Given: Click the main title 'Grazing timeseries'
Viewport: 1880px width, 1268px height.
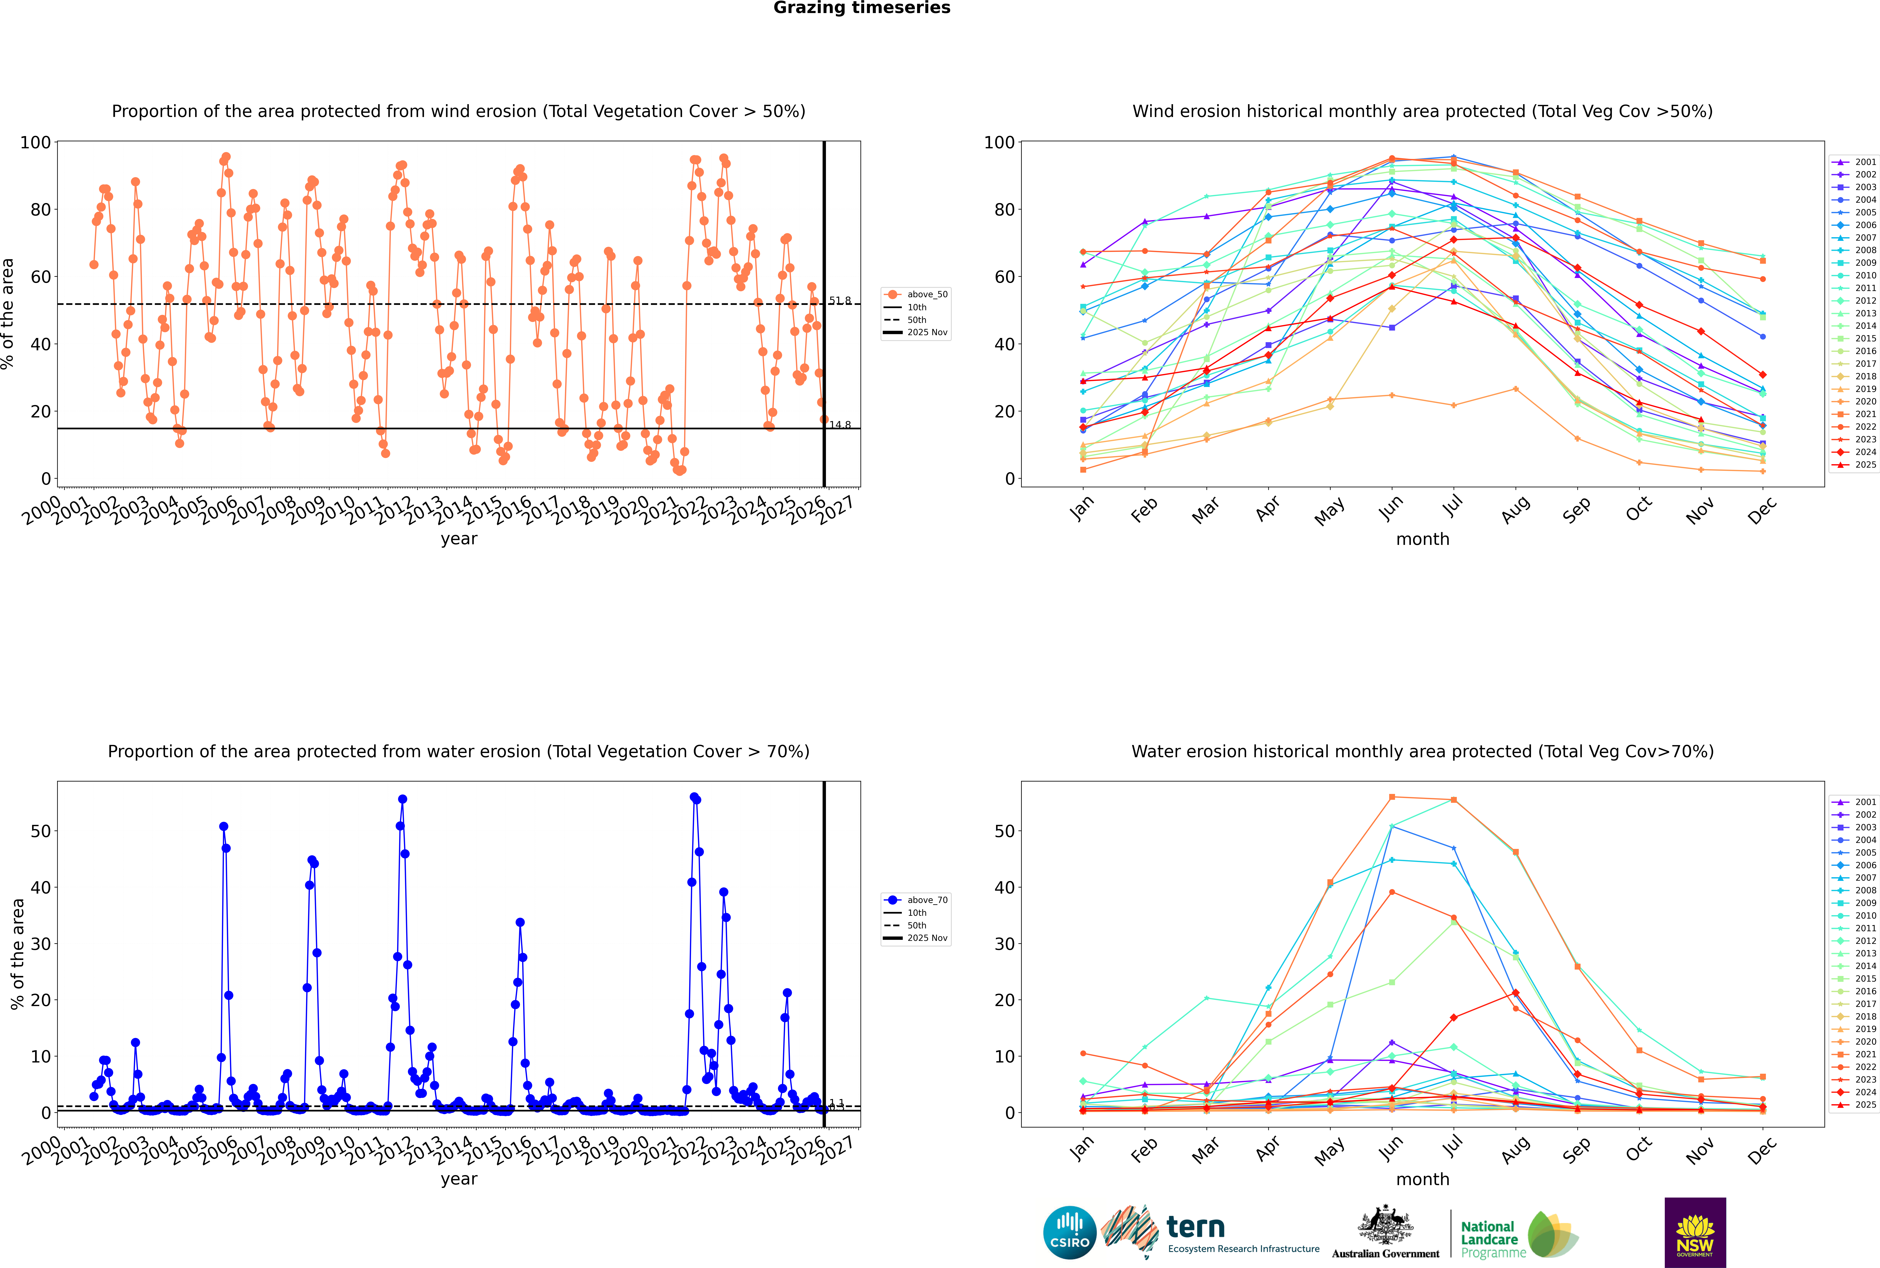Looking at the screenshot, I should pos(862,8).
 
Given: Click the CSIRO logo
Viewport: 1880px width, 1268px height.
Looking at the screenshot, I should pos(1069,1232).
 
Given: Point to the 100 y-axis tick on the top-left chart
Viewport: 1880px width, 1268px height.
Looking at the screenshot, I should pos(36,142).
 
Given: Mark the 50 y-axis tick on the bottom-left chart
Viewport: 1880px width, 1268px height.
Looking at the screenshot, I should pos(40,831).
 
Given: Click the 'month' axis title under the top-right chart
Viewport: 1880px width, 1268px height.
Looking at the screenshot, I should pos(1422,539).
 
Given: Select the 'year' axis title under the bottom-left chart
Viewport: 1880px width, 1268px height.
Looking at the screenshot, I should pos(459,1179).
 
